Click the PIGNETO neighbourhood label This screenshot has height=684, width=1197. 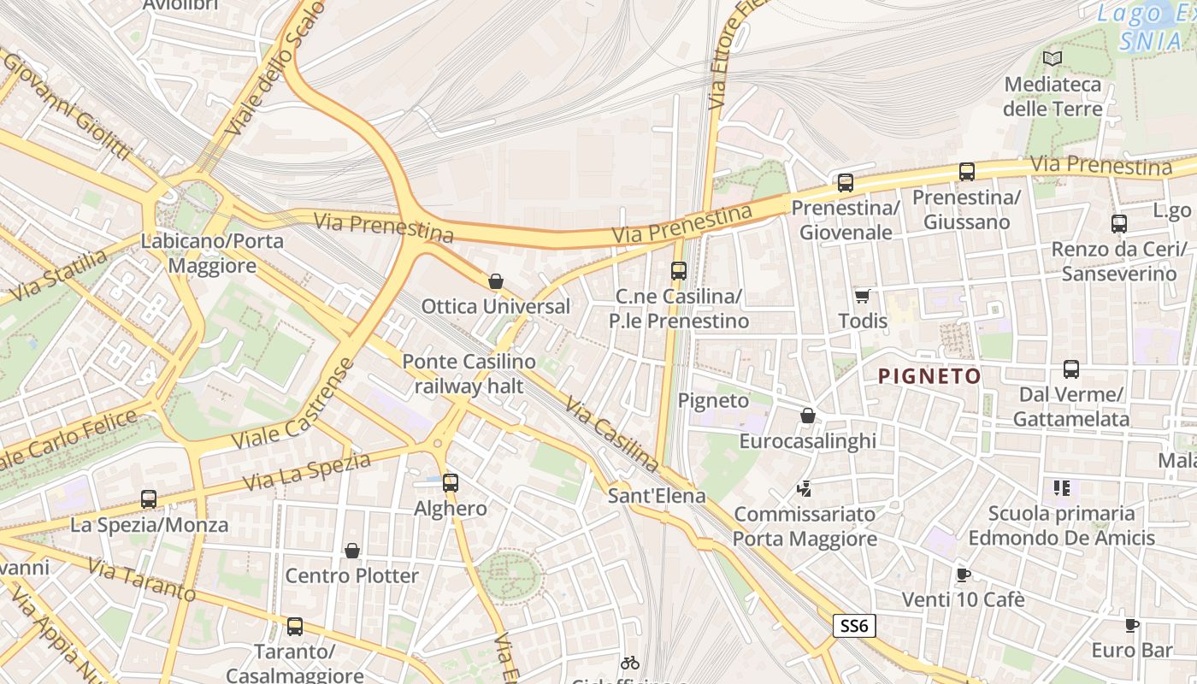tap(929, 376)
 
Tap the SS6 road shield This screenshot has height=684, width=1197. tap(854, 626)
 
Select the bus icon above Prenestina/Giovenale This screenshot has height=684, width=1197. tap(846, 182)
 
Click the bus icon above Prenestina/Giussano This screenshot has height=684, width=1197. tap(967, 172)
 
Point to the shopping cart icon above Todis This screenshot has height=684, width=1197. tap(862, 296)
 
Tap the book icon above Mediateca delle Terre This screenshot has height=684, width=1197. tap(1053, 58)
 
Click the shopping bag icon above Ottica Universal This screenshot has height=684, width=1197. tap(495, 280)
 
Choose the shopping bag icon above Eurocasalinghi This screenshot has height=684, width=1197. tap(807, 416)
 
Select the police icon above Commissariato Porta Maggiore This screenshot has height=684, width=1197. tap(804, 488)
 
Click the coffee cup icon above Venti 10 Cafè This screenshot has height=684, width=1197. tap(963, 574)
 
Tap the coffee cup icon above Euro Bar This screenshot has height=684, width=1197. tap(1131, 625)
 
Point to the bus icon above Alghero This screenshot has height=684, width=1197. tap(451, 483)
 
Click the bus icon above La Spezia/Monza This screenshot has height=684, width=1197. tap(149, 498)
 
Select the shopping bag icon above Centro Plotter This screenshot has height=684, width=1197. tap(351, 550)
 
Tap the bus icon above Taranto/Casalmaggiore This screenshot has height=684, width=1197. tap(295, 627)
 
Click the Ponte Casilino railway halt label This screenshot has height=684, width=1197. tap(469, 374)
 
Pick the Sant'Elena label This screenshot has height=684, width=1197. tap(657, 496)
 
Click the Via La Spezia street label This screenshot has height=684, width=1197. tap(306, 472)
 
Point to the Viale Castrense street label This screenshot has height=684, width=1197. tap(293, 405)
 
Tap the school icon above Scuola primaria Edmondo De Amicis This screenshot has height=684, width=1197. tap(1062, 488)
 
